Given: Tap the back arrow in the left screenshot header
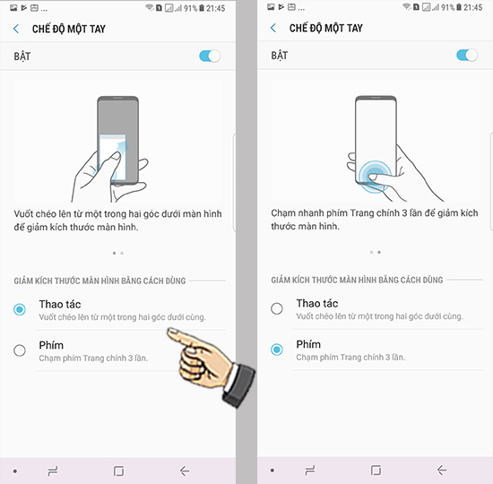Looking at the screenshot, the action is [x=16, y=29].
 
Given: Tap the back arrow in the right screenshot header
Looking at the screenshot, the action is [x=273, y=28].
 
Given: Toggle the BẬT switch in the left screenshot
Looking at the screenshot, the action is [x=210, y=56].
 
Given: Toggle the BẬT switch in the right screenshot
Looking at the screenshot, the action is [x=467, y=56].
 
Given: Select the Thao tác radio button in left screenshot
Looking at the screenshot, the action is [x=20, y=309].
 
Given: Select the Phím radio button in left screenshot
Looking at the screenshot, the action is [x=20, y=350].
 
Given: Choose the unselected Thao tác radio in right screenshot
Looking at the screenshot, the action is [x=277, y=308].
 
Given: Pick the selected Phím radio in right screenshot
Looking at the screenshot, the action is [x=277, y=350].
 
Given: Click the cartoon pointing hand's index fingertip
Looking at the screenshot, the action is [x=169, y=331].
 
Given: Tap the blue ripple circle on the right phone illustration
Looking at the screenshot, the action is [x=375, y=177].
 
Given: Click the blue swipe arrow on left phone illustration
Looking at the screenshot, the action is [x=123, y=147].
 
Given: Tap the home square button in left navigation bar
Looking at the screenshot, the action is [x=118, y=471].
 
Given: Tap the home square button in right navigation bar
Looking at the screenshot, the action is [x=376, y=471].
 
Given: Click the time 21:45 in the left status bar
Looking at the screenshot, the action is [x=216, y=8].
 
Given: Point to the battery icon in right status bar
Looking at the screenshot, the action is [x=459, y=7].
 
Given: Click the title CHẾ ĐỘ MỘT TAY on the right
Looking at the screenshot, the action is [x=326, y=28].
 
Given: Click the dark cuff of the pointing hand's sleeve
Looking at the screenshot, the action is [x=239, y=385].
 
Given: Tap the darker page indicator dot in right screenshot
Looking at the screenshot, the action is [x=379, y=252].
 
